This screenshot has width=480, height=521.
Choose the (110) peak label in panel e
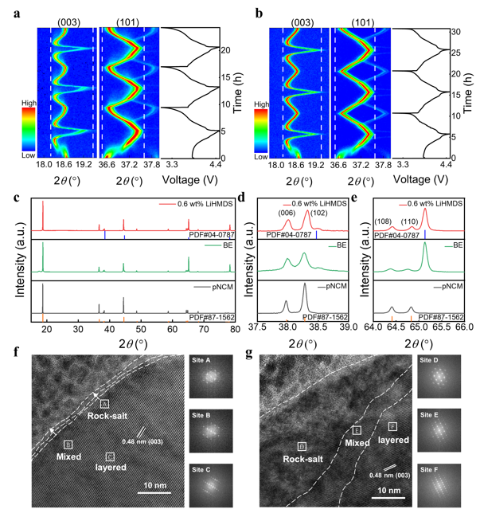[x=409, y=221]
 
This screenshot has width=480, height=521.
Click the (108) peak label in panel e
[x=383, y=221]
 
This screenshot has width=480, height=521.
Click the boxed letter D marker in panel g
[x=302, y=446]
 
